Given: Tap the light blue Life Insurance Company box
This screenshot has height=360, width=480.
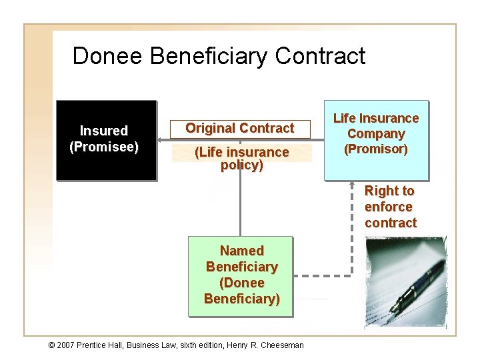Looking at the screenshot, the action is click(375, 140).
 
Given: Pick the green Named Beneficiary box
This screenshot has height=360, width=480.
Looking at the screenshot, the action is click(241, 275).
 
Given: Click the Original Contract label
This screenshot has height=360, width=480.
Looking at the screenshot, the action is click(239, 128).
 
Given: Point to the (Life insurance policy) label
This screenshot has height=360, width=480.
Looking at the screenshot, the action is click(241, 159).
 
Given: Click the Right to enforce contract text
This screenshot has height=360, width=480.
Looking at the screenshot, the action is click(390, 207).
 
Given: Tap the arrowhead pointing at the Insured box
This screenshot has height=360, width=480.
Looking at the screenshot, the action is click(161, 141).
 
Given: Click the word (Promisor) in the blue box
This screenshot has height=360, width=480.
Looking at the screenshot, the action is click(375, 149).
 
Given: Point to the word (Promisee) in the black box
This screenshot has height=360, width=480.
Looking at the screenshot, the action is click(103, 147).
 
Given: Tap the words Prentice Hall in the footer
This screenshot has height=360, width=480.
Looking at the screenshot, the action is click(110, 345).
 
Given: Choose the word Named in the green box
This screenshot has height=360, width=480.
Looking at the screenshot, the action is click(241, 251).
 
